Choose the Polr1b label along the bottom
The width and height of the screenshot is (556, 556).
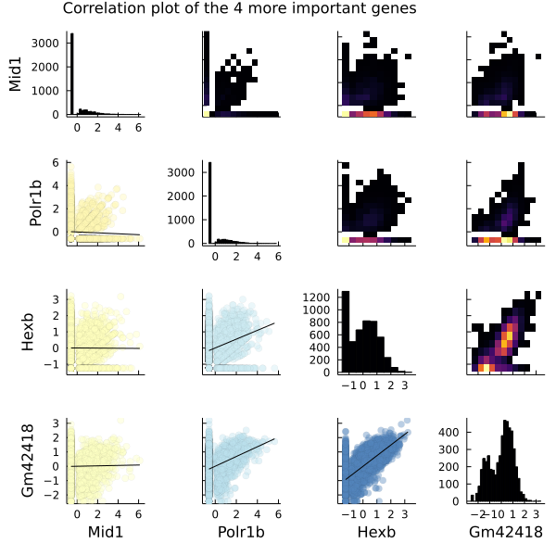(237, 532)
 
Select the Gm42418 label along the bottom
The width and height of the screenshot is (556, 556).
(506, 532)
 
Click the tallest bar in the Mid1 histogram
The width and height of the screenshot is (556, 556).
(71, 74)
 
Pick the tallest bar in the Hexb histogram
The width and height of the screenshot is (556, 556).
(346, 334)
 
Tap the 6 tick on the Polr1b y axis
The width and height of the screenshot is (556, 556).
(57, 163)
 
